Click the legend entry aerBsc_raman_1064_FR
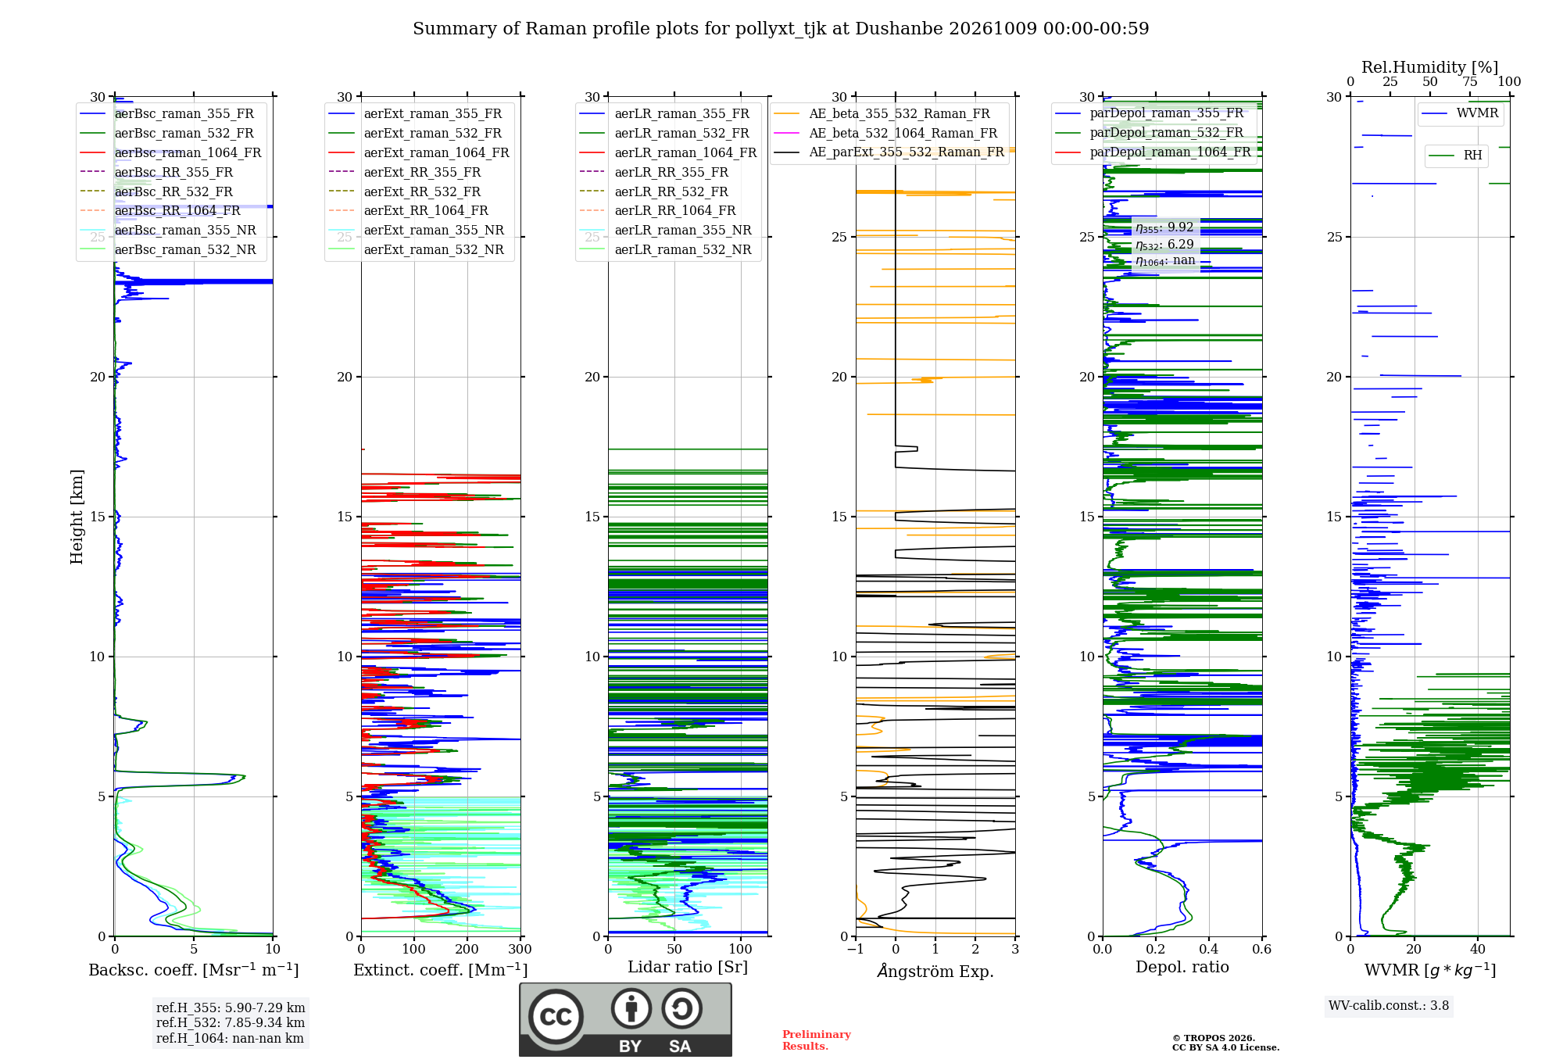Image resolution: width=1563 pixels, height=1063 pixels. click(x=170, y=152)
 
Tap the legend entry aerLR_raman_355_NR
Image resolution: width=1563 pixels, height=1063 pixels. click(x=666, y=230)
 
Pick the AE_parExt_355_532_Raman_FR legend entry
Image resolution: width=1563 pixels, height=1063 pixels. click(x=889, y=152)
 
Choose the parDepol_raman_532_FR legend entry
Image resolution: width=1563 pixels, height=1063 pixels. click(x=1150, y=132)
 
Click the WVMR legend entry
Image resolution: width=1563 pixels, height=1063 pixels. click(x=1460, y=113)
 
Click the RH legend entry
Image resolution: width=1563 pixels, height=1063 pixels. click(x=1455, y=156)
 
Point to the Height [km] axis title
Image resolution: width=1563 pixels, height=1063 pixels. click(x=77, y=517)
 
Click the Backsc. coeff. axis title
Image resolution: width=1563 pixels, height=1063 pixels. click(x=194, y=969)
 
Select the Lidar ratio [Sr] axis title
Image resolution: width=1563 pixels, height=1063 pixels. click(x=688, y=967)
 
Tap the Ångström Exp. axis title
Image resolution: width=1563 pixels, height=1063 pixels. click(x=935, y=971)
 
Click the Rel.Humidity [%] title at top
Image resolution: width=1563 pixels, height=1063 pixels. click(x=1430, y=67)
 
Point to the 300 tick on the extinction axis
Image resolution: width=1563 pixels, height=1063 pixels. click(x=520, y=950)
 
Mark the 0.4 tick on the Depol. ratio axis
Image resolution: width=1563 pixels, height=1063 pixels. click(x=1208, y=950)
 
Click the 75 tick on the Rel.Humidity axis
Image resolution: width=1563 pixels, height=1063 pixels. click(x=1470, y=82)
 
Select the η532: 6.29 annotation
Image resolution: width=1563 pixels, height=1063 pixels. click(x=1164, y=245)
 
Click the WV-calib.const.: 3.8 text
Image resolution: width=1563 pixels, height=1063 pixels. click(x=1389, y=1006)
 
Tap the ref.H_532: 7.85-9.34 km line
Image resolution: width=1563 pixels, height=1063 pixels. click(x=231, y=1022)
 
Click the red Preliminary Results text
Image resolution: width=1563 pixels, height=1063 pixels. click(x=817, y=1040)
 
